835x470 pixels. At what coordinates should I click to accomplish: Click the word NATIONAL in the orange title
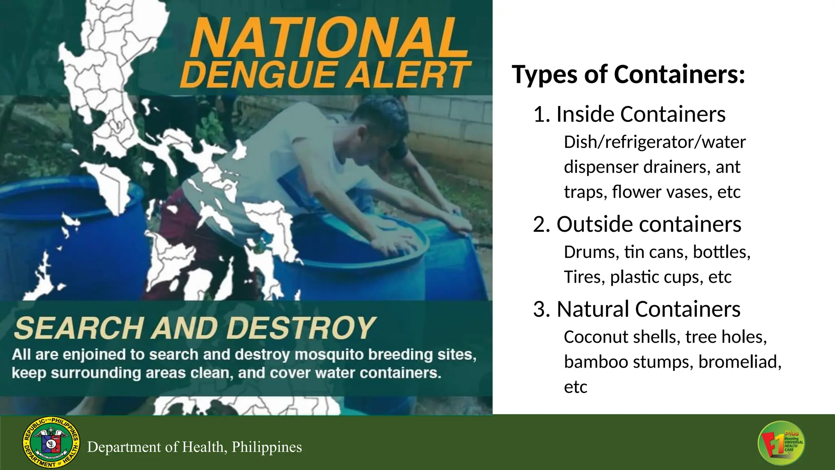pyautogui.click(x=329, y=39)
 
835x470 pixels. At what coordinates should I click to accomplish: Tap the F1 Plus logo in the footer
pyautogui.click(x=781, y=443)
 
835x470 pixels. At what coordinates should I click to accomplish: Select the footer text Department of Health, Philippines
pyautogui.click(x=194, y=447)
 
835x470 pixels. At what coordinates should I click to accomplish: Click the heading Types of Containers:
pyautogui.click(x=628, y=75)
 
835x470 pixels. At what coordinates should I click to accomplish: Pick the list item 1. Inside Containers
pyautogui.click(x=629, y=114)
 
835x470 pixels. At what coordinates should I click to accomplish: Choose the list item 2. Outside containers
pyautogui.click(x=637, y=224)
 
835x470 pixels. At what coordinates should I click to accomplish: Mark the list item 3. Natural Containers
pyautogui.click(x=636, y=309)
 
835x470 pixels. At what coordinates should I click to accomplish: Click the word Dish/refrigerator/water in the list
pyautogui.click(x=655, y=142)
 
